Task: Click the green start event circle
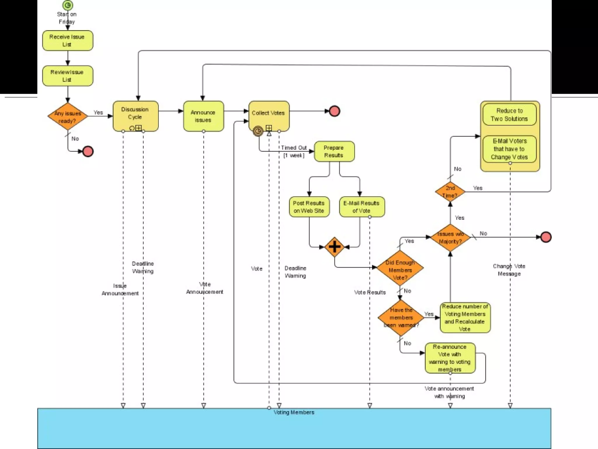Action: point(68,5)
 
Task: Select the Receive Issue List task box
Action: point(68,41)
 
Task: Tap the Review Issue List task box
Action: point(68,76)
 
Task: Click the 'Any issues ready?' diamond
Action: point(68,117)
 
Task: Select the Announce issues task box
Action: point(204,116)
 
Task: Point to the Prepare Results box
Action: point(334,151)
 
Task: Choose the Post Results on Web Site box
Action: point(309,207)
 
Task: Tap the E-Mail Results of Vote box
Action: point(361,207)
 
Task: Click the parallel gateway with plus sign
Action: point(334,247)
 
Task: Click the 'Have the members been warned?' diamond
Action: point(401,318)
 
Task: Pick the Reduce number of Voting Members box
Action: point(465,318)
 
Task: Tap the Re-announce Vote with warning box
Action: point(450,358)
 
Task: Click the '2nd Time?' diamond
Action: point(450,192)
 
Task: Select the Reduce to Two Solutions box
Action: point(510,115)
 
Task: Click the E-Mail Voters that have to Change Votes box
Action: point(510,149)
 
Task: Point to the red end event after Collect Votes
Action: point(335,111)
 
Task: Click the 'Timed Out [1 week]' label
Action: point(294,151)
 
